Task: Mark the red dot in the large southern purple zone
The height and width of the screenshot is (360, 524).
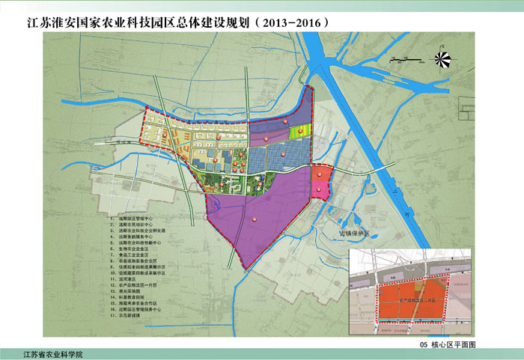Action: [255, 219]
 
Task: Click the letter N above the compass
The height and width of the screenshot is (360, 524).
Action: [443, 46]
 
